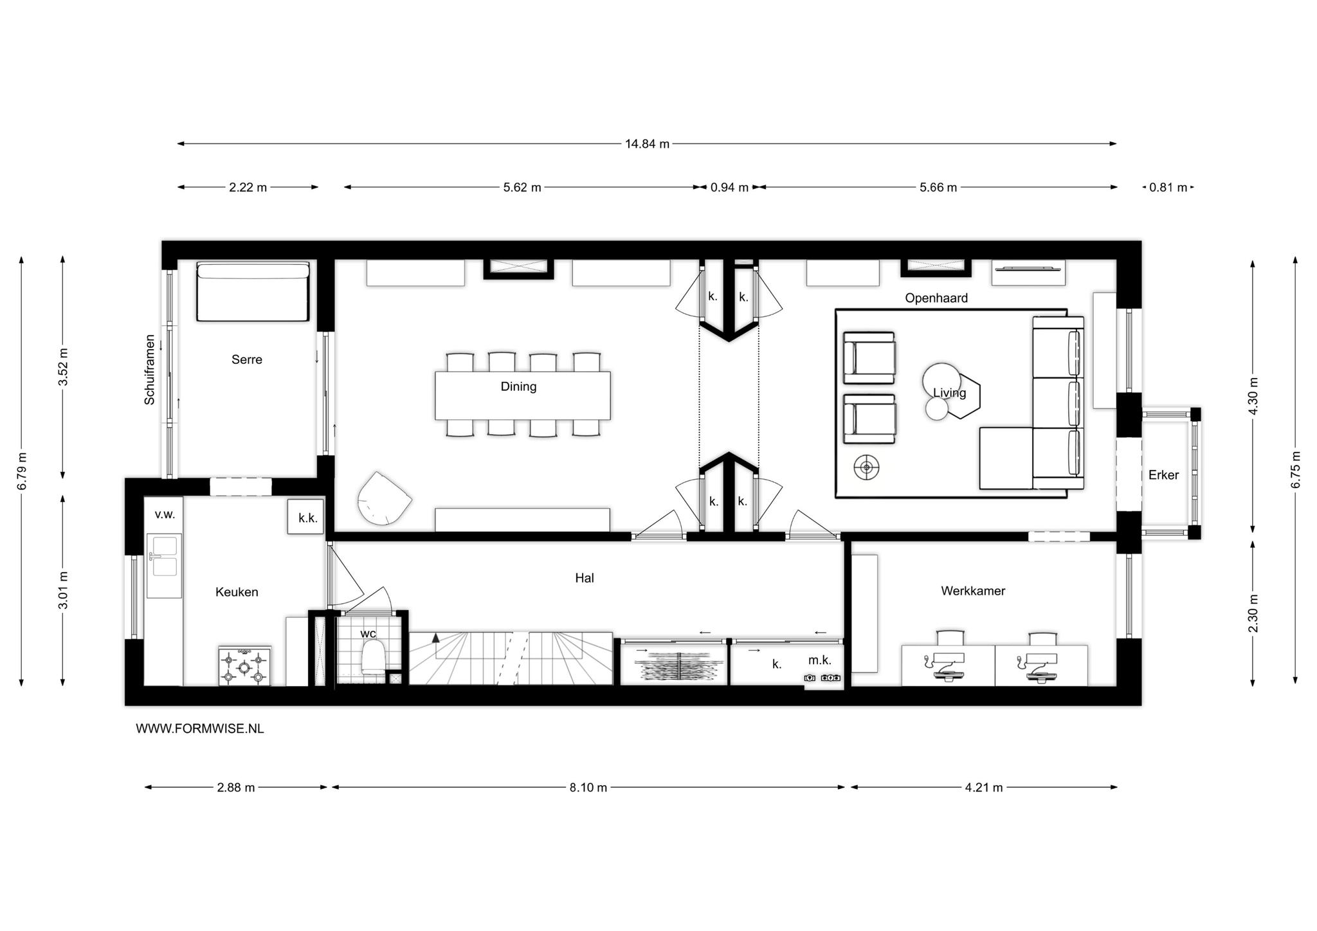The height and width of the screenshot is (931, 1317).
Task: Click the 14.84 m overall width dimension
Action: click(647, 143)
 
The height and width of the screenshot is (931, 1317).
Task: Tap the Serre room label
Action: click(247, 359)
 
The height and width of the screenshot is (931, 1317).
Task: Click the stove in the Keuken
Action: click(244, 666)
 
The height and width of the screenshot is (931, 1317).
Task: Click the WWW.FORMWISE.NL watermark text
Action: click(200, 728)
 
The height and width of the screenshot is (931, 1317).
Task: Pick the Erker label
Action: click(1163, 475)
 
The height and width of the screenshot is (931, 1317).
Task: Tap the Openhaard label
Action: click(936, 298)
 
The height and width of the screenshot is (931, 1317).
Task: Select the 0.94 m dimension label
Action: click(729, 188)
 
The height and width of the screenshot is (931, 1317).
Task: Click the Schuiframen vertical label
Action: click(150, 370)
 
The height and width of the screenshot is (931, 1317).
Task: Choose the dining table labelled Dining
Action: click(523, 395)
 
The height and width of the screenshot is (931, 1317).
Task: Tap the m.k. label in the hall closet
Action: click(820, 660)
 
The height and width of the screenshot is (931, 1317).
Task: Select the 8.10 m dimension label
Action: click(588, 788)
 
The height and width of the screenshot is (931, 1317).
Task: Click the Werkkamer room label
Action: click(973, 591)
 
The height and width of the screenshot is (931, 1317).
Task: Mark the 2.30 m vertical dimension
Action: click(1253, 613)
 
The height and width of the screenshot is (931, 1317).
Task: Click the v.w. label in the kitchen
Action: click(165, 514)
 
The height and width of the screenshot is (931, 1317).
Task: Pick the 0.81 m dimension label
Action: click(1168, 188)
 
